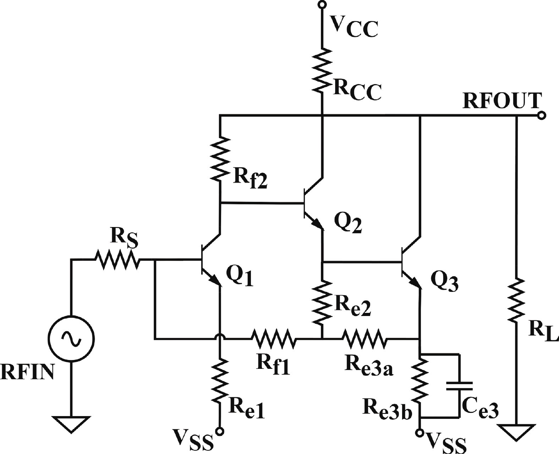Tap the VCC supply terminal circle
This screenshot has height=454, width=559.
(322, 5)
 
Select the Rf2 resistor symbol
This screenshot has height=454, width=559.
(220, 158)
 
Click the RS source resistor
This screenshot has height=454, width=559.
(117, 260)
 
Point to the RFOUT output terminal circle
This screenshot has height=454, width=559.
(541, 115)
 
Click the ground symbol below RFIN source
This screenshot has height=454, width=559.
(71, 424)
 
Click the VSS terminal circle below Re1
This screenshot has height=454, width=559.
(220, 431)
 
